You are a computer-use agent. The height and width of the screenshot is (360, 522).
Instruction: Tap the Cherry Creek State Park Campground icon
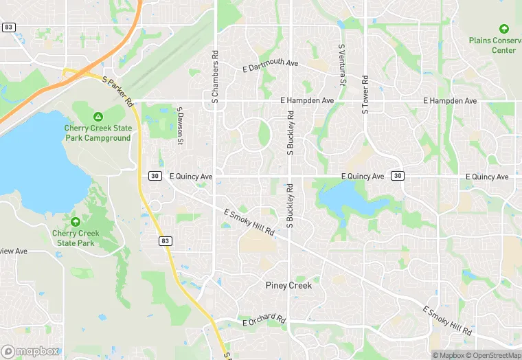[x=98, y=116]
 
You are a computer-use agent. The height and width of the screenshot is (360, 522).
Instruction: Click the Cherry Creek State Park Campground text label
[x=98, y=133]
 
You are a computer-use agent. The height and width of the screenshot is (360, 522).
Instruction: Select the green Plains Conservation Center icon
[x=504, y=29]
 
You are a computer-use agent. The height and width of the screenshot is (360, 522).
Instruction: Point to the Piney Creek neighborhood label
[x=288, y=285]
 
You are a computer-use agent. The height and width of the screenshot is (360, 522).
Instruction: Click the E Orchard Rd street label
[x=264, y=320]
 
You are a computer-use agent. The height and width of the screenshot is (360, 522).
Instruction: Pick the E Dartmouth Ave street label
[x=271, y=66]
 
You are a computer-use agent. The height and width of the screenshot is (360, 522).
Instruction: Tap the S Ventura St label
[x=341, y=66]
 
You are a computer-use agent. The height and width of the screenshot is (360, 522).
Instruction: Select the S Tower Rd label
[x=365, y=93]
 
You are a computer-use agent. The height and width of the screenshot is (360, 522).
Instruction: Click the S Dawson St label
[x=180, y=126]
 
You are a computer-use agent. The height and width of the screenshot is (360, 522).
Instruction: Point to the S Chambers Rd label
[x=215, y=77]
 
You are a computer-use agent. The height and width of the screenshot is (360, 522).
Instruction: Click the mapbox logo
[x=30, y=351]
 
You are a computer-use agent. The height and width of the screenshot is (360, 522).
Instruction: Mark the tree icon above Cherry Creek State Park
[x=76, y=221]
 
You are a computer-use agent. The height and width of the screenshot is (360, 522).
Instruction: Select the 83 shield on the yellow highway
[x=166, y=240]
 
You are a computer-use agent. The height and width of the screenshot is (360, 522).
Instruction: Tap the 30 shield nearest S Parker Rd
[x=155, y=176]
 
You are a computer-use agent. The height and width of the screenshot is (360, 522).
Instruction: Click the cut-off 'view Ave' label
[x=13, y=251]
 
